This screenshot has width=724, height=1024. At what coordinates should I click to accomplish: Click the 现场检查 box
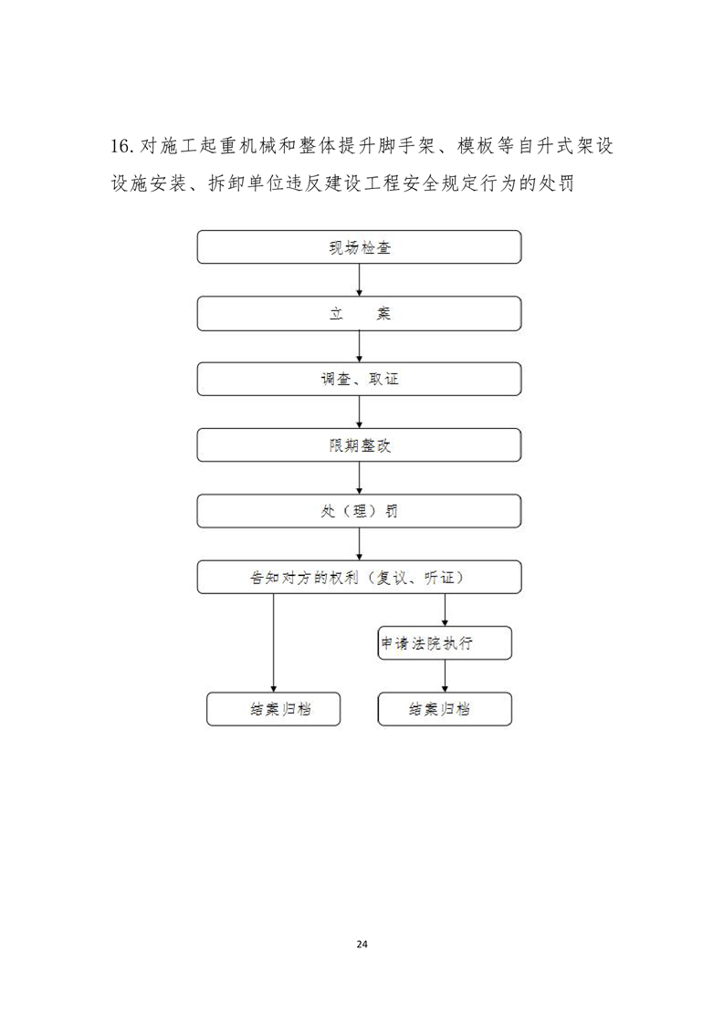[x=359, y=246]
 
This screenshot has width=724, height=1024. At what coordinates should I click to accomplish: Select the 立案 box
[x=359, y=313]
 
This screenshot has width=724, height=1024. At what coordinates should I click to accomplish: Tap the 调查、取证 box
[x=359, y=380]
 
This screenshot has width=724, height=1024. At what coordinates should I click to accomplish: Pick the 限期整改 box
[x=359, y=445]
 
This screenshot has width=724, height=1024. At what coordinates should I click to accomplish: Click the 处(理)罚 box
[x=359, y=511]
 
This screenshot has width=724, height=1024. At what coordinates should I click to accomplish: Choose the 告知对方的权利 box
[x=359, y=578]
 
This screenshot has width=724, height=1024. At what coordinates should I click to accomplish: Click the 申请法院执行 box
[x=445, y=643]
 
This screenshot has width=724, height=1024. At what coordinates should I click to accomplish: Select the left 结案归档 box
[x=273, y=709]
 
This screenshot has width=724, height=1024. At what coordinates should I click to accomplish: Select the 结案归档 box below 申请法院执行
[x=445, y=709]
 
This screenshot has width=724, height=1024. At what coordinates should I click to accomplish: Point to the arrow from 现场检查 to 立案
[x=360, y=280]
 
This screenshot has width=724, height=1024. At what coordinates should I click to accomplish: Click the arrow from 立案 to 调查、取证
[x=360, y=346]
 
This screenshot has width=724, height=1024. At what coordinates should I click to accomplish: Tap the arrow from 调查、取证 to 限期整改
[x=360, y=413]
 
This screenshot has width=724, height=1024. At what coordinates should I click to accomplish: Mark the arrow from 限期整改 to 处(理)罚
[x=360, y=478]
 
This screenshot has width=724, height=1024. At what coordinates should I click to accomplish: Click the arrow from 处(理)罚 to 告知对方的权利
[x=360, y=544]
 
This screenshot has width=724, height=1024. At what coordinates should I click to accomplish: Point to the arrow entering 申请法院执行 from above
[x=445, y=610]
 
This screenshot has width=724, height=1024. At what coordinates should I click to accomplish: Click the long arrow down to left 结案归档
[x=273, y=643]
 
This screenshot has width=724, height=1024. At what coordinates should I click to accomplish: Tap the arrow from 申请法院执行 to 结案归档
[x=445, y=676]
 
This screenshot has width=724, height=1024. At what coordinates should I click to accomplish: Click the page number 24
[x=362, y=944]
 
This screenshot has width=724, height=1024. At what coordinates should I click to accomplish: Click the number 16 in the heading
[x=121, y=146]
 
